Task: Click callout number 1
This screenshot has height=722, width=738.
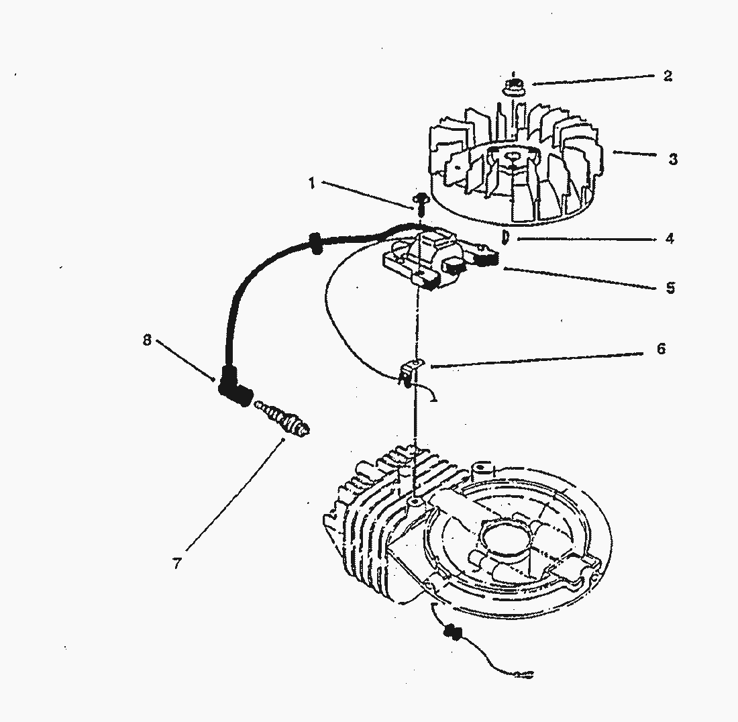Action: (x=311, y=183)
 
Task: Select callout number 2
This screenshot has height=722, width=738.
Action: (x=668, y=76)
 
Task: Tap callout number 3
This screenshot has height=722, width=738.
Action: (x=673, y=159)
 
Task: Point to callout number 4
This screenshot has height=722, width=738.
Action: (x=670, y=239)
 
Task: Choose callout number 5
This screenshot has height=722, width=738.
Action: (x=670, y=288)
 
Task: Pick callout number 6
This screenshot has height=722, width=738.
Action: (x=662, y=349)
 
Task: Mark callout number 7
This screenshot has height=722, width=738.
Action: (x=177, y=564)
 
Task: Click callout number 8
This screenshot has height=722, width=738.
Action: (x=148, y=340)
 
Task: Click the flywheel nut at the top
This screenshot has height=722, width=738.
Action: (x=514, y=86)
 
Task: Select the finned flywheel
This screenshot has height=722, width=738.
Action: (x=515, y=165)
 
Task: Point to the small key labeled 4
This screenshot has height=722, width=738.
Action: (x=505, y=238)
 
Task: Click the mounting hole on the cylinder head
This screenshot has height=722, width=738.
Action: (x=414, y=502)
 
